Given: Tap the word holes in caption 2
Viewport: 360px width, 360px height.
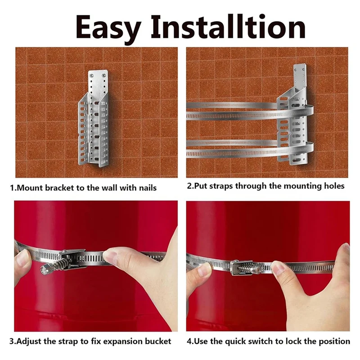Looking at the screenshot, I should tap(334, 186).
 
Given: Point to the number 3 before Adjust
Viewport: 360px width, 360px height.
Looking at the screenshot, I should tap(12, 342).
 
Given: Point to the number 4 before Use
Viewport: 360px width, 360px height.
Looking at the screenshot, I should tap(189, 342).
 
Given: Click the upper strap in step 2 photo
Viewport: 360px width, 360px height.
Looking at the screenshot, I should tap(234, 111).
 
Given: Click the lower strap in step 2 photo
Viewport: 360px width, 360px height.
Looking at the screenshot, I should tap(234, 148).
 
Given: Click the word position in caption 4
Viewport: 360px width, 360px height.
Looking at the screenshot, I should tap(334, 342).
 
